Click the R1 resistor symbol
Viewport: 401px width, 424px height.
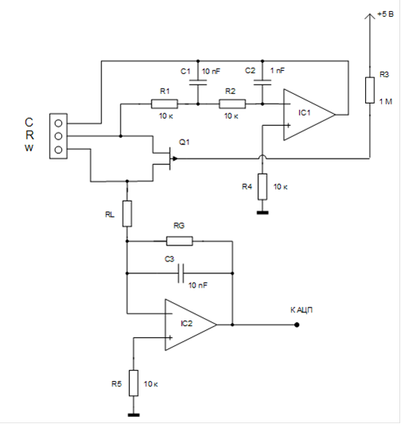point(164,104)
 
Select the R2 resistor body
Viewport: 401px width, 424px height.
point(232,104)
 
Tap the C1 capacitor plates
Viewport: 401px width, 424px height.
point(198,82)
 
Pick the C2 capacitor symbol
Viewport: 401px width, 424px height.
point(262,82)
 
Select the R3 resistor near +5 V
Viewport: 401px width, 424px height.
point(370,90)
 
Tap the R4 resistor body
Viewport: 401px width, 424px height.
point(262,186)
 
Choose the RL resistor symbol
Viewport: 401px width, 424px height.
point(128,214)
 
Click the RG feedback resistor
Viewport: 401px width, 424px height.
point(179,241)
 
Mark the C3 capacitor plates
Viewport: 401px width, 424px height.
point(181,273)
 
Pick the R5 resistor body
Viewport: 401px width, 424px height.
point(134,383)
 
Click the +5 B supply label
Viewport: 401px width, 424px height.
point(385,14)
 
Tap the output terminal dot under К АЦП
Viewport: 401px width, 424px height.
point(297,324)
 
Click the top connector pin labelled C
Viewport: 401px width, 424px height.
point(58,124)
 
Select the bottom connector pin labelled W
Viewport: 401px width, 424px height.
point(58,150)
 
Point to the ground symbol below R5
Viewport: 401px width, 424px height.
point(134,414)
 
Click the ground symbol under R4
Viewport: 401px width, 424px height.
point(262,213)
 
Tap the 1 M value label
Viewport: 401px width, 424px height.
point(386,102)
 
